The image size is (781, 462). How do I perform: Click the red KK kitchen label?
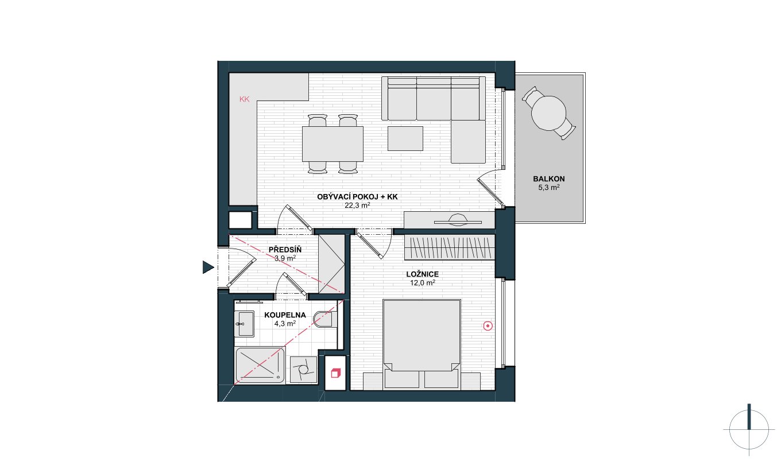245,99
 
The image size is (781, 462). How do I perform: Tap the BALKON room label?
549,179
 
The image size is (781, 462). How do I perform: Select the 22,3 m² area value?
357,205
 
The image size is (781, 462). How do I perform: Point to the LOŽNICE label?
422,274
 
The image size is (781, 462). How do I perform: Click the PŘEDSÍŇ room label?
285,250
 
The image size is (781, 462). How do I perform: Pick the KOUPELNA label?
285,315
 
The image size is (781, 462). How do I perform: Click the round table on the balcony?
548,113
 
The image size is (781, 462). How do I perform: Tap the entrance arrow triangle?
208,267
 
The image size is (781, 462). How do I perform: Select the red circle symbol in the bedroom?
488,326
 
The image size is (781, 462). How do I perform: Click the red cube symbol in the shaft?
335,373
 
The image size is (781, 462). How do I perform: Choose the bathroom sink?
244,324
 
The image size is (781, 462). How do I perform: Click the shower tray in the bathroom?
260,365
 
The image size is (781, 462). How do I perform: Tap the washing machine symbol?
304,370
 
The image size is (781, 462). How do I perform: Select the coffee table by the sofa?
405,139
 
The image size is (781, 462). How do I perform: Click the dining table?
332,144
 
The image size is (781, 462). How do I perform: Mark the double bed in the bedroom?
422,344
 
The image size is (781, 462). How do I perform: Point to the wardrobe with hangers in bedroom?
450,247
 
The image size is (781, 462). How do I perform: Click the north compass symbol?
749,430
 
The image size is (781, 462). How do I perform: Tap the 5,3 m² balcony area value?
549,188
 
